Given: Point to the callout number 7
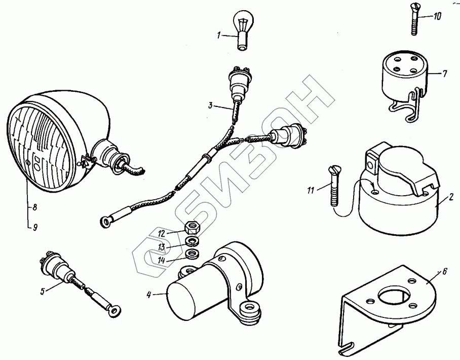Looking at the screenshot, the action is click(x=444, y=74).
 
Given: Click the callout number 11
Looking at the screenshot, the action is click(x=311, y=190).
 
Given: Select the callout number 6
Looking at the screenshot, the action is click(x=444, y=271).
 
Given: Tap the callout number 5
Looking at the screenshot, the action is click(x=44, y=291).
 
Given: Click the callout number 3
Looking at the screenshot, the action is click(x=210, y=105).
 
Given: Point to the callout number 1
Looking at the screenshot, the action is click(x=219, y=35).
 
